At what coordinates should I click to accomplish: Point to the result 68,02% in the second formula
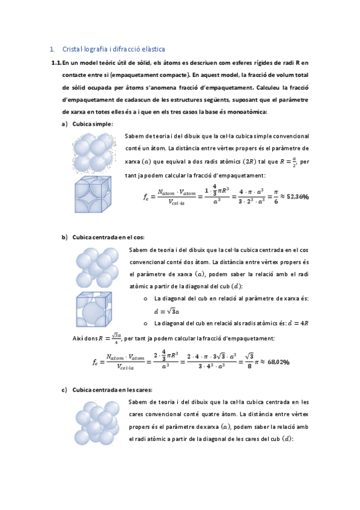pos(278,362)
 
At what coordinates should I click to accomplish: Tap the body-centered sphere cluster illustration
pos(96,266)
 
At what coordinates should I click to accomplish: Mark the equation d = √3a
pos(167,311)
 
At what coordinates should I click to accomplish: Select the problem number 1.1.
pos(56,63)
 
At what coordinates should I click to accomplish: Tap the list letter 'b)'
pos(64,238)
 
